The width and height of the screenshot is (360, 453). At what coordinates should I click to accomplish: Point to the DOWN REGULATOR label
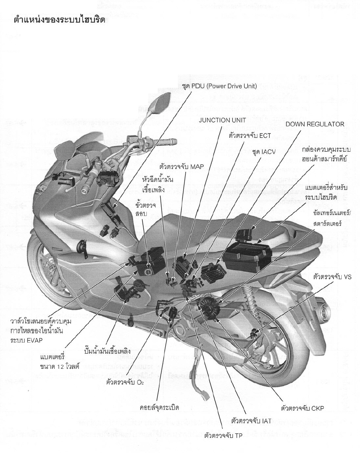click(315, 124)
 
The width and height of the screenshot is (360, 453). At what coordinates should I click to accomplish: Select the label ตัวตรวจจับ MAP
click(182, 166)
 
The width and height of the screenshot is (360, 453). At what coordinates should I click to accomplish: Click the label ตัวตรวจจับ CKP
click(302, 408)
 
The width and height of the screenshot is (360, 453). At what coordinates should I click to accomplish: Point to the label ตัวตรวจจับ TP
click(223, 435)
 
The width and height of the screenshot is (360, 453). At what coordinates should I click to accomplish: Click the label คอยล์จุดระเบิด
click(159, 407)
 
